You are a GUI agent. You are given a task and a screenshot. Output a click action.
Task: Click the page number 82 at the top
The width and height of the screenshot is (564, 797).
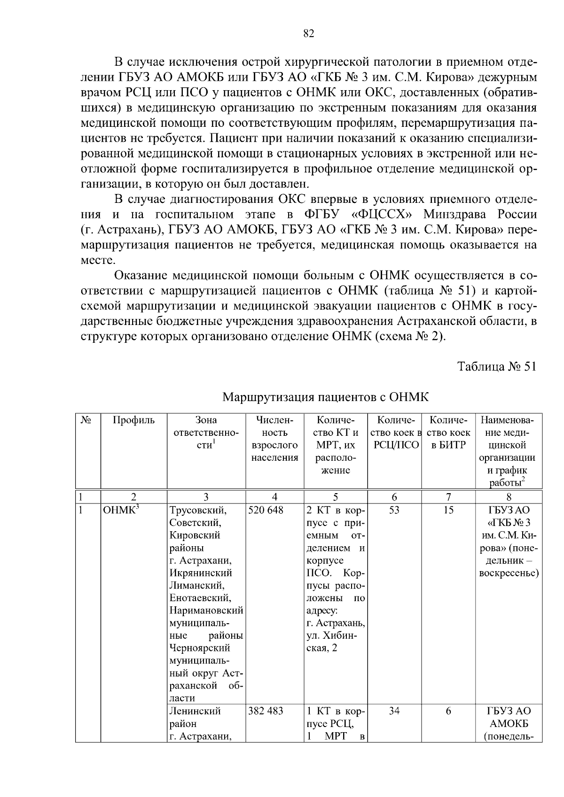coord(308,33)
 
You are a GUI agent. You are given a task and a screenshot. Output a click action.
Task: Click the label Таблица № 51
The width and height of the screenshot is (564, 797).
coord(497,367)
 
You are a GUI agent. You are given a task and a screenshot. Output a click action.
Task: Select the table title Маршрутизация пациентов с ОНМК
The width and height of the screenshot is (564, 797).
coord(325,397)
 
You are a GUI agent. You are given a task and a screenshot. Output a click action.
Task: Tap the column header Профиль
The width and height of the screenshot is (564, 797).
coord(133,420)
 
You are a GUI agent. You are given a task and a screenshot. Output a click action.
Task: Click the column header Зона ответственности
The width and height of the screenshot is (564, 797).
coord(206,433)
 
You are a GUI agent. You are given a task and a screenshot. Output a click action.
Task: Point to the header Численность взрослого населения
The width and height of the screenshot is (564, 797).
coord(274,439)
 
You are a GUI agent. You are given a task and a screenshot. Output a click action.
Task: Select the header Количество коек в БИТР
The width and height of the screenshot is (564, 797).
coord(448,433)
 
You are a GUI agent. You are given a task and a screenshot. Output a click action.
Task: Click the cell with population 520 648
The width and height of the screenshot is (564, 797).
coord(266,510)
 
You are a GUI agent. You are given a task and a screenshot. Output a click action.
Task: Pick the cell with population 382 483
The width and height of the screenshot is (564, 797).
coord(266,711)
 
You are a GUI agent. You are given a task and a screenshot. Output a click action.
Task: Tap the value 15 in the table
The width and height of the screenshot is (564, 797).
coord(448,510)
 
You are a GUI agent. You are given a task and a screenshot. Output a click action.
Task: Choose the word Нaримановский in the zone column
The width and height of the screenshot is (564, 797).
coord(206,611)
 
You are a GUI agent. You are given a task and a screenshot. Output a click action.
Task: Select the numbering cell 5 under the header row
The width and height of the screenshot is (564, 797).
coord(335,497)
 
